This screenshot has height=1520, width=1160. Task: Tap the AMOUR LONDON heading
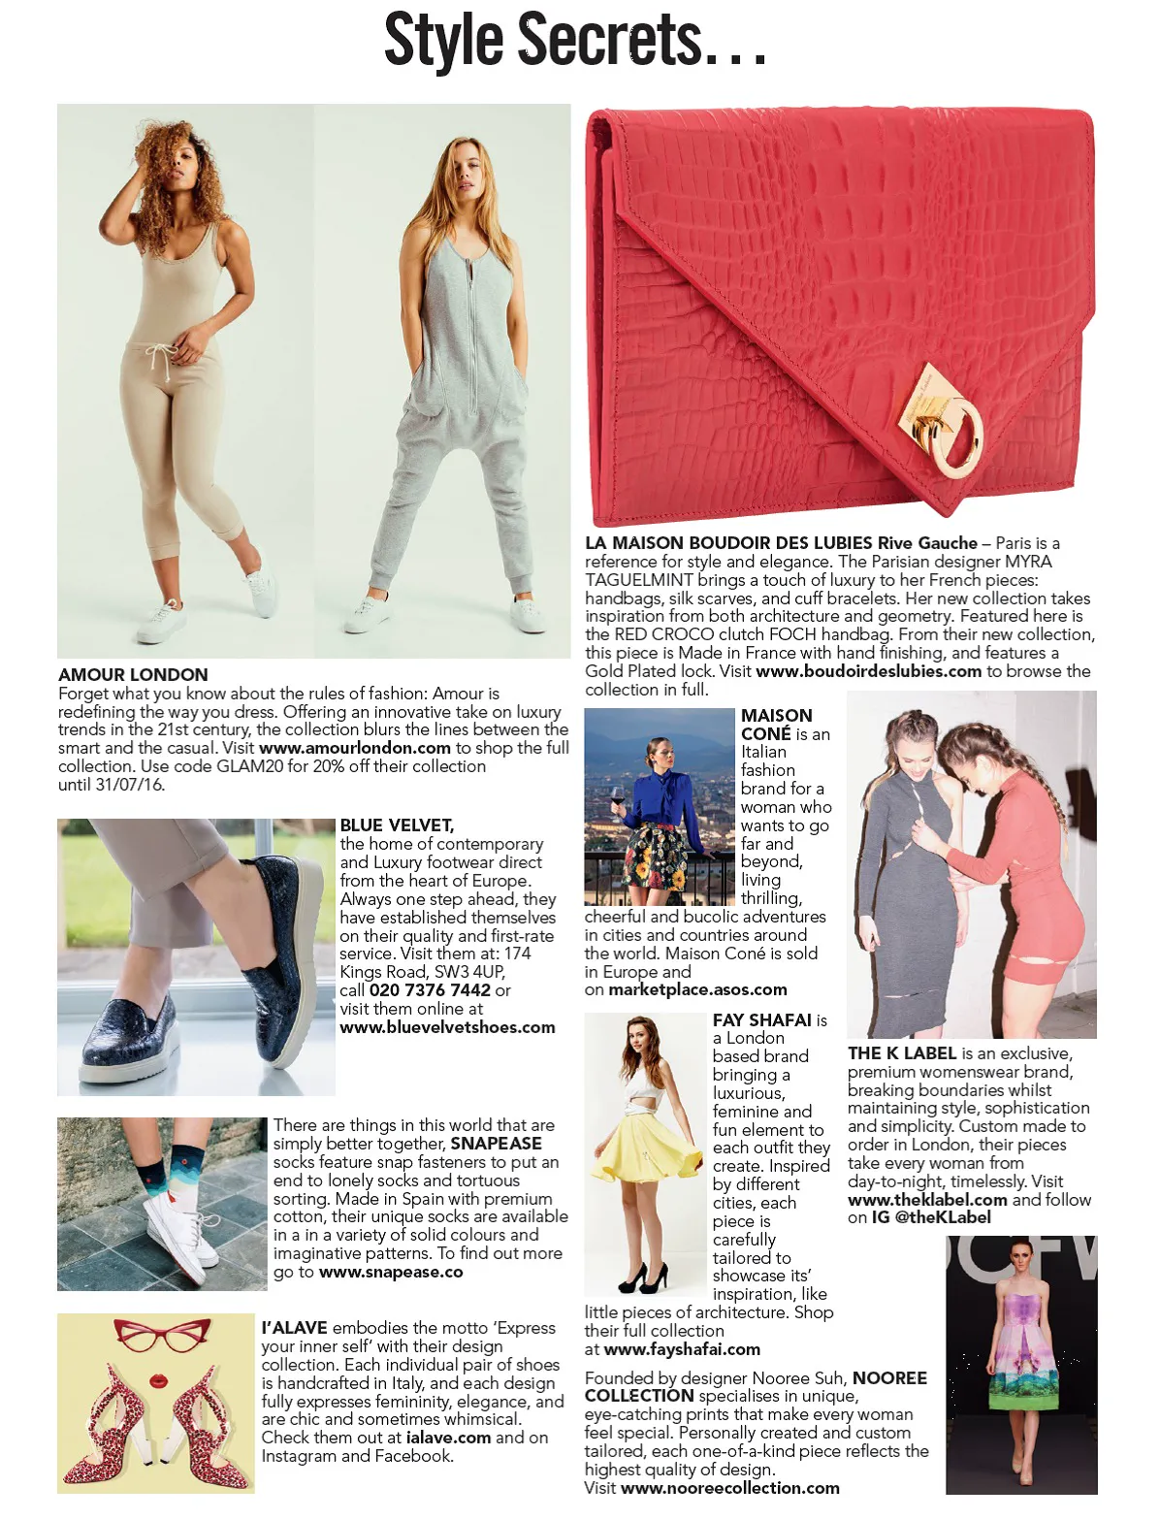tap(133, 675)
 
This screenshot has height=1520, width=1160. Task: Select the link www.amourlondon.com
tap(355, 748)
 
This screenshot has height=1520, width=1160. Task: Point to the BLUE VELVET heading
tap(397, 825)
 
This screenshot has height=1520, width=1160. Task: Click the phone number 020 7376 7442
tap(430, 990)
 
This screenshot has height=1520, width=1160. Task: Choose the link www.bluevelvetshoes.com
tap(447, 1027)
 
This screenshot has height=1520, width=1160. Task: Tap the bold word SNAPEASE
tap(496, 1144)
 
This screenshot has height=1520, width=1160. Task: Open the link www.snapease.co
tap(391, 1272)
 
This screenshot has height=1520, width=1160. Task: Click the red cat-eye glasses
tap(155, 1337)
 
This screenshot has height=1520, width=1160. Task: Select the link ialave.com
tap(448, 1438)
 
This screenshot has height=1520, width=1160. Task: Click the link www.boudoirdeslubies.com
tap(868, 671)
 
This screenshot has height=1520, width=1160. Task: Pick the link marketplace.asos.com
tap(697, 990)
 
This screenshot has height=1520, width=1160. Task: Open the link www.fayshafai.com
tap(682, 1349)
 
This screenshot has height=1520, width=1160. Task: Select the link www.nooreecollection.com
tap(729, 1488)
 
